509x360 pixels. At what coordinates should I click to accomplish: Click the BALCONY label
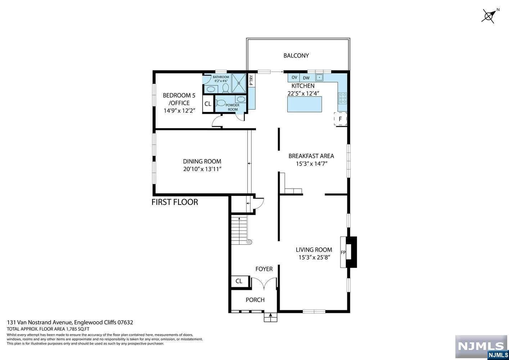point(296,56)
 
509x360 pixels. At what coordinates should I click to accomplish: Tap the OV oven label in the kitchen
point(294,77)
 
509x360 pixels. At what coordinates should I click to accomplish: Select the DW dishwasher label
point(306,78)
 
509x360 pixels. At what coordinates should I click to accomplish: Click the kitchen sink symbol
point(319,77)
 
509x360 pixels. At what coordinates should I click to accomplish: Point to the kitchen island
point(305,104)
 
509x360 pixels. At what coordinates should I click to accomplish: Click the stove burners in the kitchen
point(342,98)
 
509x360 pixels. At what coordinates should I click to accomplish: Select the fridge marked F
point(340,119)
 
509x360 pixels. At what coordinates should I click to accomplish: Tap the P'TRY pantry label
point(251,80)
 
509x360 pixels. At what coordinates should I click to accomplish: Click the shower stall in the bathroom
point(239,83)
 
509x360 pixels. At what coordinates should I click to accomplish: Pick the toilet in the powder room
point(220,103)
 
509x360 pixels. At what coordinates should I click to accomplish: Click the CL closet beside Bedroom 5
point(208,104)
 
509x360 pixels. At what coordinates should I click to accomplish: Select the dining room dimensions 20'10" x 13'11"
point(202,169)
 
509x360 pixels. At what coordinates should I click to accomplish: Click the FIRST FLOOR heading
point(175,202)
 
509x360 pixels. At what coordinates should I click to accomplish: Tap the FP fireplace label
point(343,252)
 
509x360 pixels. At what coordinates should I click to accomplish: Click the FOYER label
point(264,269)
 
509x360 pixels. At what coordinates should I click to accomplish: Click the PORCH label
point(255,300)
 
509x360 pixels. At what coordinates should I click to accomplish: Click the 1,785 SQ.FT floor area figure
point(77,329)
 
